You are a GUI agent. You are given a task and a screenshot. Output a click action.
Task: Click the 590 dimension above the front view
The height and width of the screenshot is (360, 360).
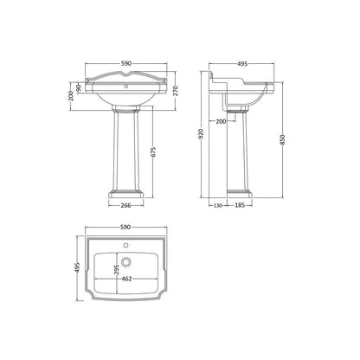pos(126,63)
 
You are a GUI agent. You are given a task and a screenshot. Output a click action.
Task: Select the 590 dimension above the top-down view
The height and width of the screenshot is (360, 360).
pos(125,228)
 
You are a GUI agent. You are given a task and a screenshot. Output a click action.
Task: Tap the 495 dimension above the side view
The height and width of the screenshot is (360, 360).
pos(242,63)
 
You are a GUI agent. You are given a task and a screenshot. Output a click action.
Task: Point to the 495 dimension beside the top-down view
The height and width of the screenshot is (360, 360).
pos(77,267)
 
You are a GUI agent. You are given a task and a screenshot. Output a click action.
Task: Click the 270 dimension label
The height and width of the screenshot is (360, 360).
pos(176,90)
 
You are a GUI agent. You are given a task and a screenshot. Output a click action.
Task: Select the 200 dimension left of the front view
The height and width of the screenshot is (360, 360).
pos(71,96)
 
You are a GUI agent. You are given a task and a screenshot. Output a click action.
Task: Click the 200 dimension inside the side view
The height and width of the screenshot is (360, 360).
pos(222,121)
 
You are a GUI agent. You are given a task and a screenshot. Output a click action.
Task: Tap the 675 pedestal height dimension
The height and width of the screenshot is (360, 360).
pos(153,152)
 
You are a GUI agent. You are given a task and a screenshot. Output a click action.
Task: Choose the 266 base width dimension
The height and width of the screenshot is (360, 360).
pos(125,205)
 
